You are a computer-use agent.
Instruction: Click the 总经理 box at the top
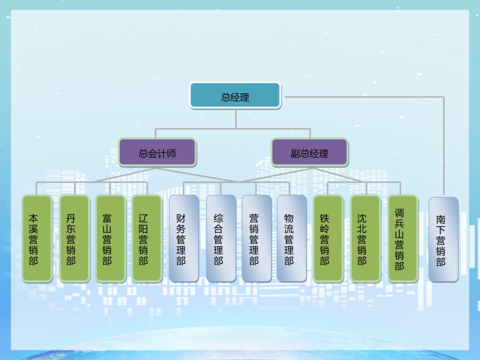235,96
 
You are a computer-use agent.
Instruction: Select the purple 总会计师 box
157,153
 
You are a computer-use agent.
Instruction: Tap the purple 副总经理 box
309,153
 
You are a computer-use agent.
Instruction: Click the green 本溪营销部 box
37,238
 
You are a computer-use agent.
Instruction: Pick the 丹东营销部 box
74,238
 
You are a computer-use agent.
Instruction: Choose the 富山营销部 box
110,238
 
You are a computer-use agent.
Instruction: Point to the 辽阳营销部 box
147,238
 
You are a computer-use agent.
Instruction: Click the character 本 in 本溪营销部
34,218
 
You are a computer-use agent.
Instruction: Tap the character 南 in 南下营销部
441,219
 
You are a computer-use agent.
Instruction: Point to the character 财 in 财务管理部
181,218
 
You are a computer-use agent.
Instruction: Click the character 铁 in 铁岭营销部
324,218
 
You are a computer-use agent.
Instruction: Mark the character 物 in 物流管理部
289,218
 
